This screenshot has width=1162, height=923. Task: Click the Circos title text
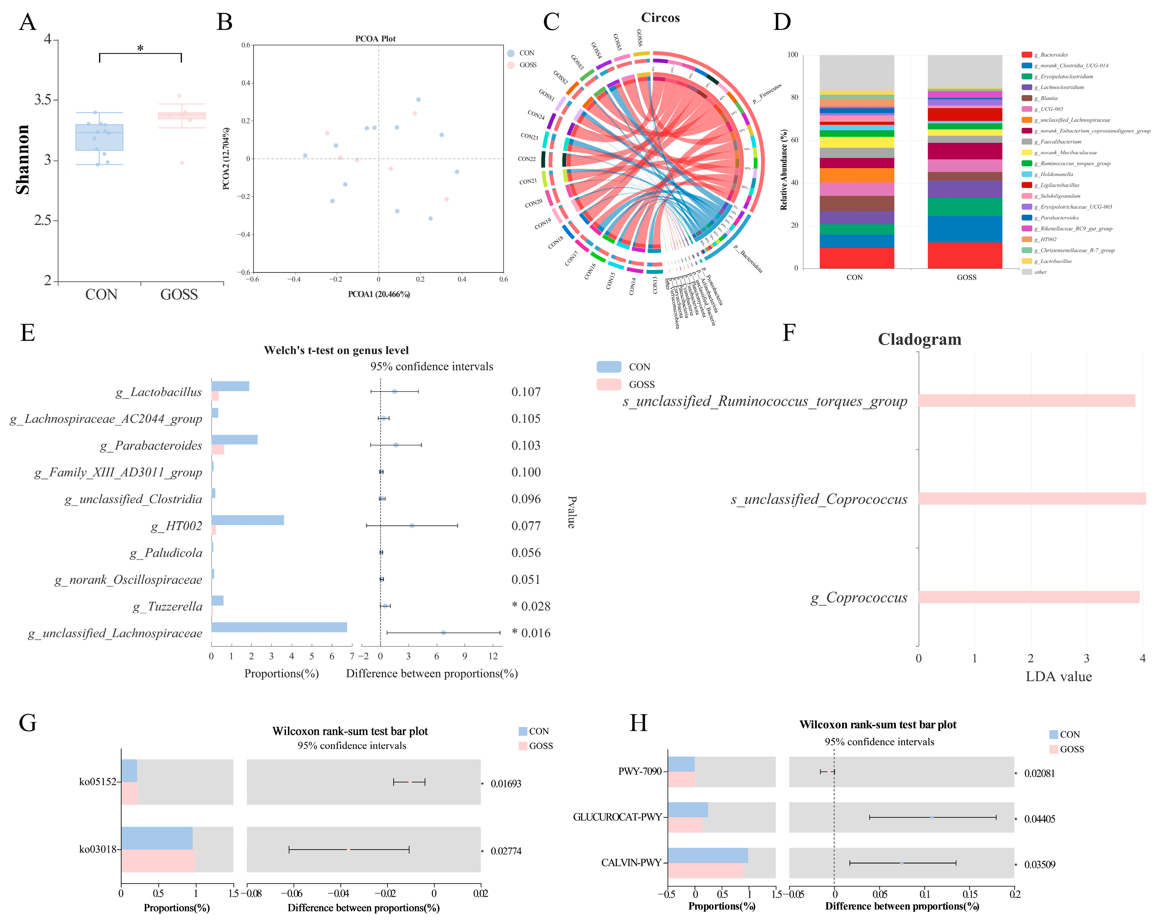tap(660, 18)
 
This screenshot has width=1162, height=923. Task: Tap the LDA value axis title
tap(1059, 677)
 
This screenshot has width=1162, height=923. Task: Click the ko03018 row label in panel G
tap(98, 849)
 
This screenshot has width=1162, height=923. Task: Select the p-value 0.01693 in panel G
tap(505, 784)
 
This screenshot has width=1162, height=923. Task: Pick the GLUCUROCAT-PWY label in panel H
tap(617, 817)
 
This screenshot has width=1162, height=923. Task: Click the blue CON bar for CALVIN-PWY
tap(708, 856)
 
